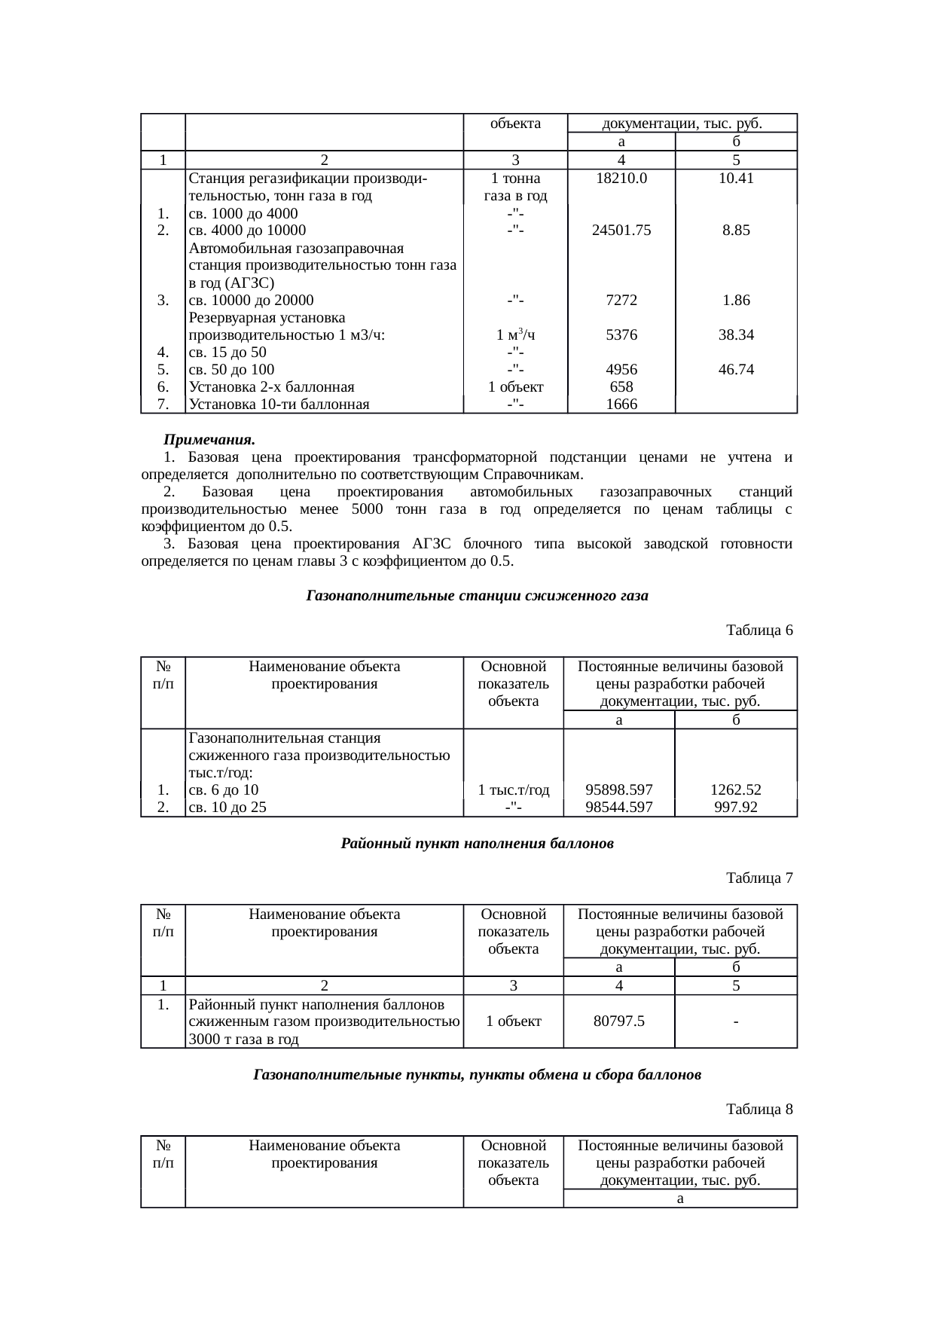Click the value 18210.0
coord(621,179)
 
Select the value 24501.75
coord(621,231)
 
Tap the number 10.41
coord(735,179)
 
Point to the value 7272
coord(621,301)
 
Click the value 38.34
coord(735,334)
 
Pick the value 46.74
coord(735,370)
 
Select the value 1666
coord(621,405)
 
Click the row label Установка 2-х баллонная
coord(272,387)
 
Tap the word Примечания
coord(210,440)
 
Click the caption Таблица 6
coord(759,630)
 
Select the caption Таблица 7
coord(759,878)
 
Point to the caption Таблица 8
coord(759,1109)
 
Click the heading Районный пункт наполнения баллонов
coord(478,844)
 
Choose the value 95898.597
coord(619,790)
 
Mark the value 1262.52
coord(735,790)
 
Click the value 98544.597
coord(619,808)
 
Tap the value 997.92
coord(735,808)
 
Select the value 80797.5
coord(619,1021)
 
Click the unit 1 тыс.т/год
coord(514,790)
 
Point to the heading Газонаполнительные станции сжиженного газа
coord(478,596)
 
